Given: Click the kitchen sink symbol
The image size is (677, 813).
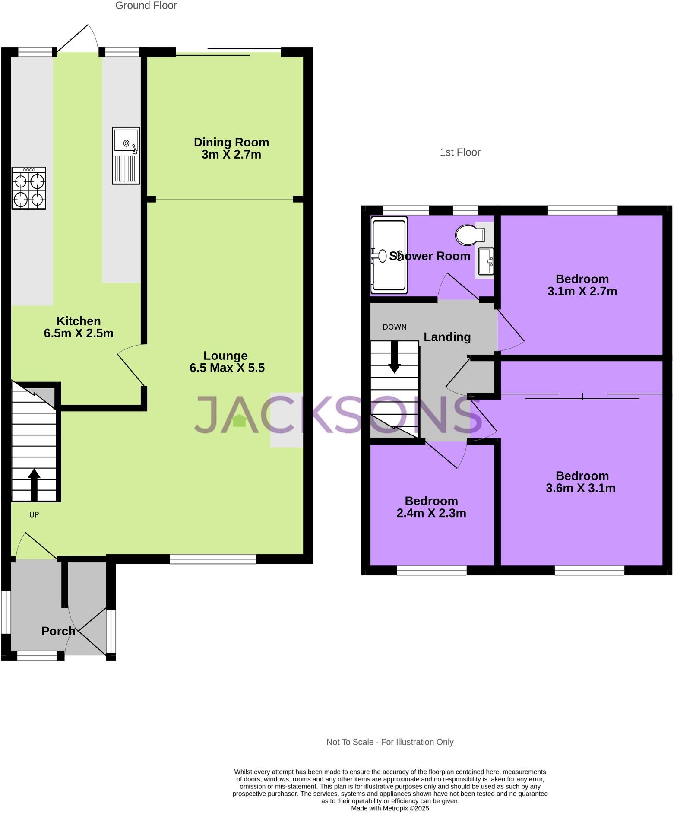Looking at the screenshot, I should pyautogui.click(x=126, y=155).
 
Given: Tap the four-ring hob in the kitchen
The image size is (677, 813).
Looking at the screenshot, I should pyautogui.click(x=29, y=188).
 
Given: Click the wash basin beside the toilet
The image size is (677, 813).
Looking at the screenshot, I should pyautogui.click(x=486, y=260).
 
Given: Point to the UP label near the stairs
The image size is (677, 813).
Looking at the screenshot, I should pyautogui.click(x=34, y=514).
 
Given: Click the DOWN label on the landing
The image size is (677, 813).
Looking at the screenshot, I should pyautogui.click(x=394, y=327).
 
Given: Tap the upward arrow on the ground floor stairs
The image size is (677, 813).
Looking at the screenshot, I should pyautogui.click(x=34, y=484).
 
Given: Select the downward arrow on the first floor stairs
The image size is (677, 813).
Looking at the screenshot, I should pyautogui.click(x=394, y=357).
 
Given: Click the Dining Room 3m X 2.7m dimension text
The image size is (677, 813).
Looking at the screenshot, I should pyautogui.click(x=231, y=155).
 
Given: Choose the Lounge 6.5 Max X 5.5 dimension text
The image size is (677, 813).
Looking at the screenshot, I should pyautogui.click(x=227, y=368).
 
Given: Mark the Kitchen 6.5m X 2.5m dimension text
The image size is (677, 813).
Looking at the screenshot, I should pyautogui.click(x=79, y=333).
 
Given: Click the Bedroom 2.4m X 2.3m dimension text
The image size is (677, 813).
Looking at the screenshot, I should pyautogui.click(x=431, y=513).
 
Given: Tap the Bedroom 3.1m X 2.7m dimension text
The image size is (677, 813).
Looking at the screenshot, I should pyautogui.click(x=582, y=291).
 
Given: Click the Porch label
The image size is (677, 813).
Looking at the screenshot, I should pyautogui.click(x=58, y=631).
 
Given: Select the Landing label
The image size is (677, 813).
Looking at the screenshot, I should pyautogui.click(x=447, y=337).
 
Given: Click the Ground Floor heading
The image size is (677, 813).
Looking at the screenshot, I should pyautogui.click(x=146, y=6).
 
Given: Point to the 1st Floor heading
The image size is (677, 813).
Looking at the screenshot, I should pyautogui.click(x=460, y=152).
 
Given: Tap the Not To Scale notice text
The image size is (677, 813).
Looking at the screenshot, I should pyautogui.click(x=389, y=742).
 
